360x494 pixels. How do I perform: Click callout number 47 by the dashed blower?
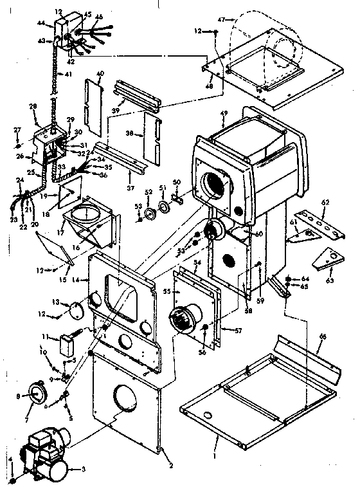222,21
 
